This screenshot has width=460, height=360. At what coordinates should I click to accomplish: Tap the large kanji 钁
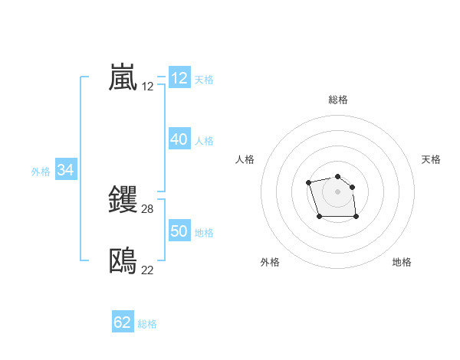pyautogui.click(x=123, y=200)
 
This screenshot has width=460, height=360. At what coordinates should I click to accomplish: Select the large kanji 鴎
pyautogui.click(x=123, y=261)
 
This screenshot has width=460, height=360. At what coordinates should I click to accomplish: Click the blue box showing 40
pyautogui.click(x=179, y=139)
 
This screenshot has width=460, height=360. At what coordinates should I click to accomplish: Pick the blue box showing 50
pyautogui.click(x=179, y=231)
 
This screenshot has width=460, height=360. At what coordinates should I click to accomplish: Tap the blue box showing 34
pyautogui.click(x=65, y=170)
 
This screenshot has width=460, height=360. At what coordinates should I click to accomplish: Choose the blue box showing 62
pyautogui.click(x=123, y=322)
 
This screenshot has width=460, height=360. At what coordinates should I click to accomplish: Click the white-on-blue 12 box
pyautogui.click(x=179, y=78)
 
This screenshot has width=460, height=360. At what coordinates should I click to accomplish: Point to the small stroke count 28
pyautogui.click(x=147, y=209)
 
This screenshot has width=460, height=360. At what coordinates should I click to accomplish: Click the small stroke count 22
pyautogui.click(x=147, y=270)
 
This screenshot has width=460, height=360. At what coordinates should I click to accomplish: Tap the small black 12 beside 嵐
pyautogui.click(x=147, y=87)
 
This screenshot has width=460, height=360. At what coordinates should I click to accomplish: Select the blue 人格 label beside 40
pyautogui.click(x=204, y=141)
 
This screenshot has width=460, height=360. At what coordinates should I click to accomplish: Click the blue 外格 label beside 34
pyautogui.click(x=41, y=172)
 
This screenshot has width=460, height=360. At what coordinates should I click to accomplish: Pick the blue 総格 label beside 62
pyautogui.click(x=147, y=324)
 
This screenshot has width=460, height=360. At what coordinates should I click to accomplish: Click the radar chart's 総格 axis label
pyautogui.click(x=338, y=100)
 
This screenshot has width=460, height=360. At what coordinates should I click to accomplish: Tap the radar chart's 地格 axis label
pyautogui.click(x=402, y=262)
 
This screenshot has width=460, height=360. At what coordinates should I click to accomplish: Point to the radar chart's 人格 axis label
pyautogui.click(x=245, y=159)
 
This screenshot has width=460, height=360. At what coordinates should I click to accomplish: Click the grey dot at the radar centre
pyautogui.click(x=338, y=191)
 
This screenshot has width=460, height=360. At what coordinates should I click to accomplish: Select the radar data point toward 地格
pyautogui.click(x=356, y=217)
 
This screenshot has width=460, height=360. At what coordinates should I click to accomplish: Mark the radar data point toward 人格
pyautogui.click(x=308, y=182)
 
